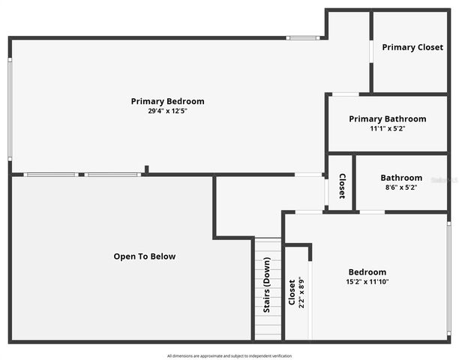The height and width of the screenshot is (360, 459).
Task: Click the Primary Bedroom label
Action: coord(167,101)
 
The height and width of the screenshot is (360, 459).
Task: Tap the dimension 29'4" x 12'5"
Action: coord(167,111)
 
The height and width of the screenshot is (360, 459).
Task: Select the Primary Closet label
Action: coord(412,47)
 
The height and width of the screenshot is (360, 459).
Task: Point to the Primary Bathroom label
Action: coord(388,118)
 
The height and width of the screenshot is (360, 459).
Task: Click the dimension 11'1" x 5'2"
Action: coord(388,128)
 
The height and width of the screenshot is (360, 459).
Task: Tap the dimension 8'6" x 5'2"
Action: coord(401,187)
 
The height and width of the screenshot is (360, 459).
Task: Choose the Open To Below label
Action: coord(145,256)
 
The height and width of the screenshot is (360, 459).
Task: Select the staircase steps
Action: coord(268,315)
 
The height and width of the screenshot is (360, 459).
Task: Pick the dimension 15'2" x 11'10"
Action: coord(367,282)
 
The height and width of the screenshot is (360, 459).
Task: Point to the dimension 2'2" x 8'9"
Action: coord(301,293)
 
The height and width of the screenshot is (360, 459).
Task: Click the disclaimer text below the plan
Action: coord(229,355)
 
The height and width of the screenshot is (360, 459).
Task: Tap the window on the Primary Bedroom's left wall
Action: coord(10,109)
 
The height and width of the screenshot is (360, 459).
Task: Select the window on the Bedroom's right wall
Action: coord(448,277)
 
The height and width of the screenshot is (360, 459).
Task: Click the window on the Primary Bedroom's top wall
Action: coord(303,37)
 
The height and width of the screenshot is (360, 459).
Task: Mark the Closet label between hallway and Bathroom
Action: coord(342,186)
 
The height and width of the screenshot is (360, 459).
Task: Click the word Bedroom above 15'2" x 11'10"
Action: coord(367,272)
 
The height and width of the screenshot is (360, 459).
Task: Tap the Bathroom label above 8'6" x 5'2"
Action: coord(401,178)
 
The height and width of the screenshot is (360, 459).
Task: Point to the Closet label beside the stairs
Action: coord(292,293)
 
